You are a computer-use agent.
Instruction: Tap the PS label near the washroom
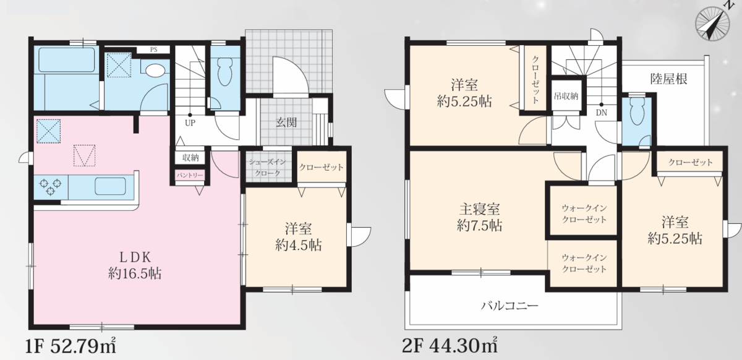(153, 49)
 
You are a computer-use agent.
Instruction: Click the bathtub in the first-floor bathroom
(66, 59)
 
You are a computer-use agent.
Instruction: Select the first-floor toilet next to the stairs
(225, 72)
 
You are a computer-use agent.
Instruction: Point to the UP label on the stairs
(190, 123)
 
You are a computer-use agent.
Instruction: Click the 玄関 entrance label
(286, 122)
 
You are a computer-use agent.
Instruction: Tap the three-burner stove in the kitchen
(50, 187)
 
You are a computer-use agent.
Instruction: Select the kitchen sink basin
(110, 186)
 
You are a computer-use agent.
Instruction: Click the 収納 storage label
(190, 158)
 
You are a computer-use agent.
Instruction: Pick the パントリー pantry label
(190, 175)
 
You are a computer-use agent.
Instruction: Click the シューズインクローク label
(267, 168)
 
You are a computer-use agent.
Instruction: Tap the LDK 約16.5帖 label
(135, 265)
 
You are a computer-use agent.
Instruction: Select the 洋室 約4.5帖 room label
(298, 237)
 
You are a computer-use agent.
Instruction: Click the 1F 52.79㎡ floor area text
(70, 346)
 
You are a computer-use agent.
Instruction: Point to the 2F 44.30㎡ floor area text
(450, 345)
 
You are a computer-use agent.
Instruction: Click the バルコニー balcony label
(510, 306)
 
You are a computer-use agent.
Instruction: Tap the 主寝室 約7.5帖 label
(479, 217)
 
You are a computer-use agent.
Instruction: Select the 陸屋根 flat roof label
(668, 79)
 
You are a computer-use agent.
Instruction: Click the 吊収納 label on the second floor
(566, 96)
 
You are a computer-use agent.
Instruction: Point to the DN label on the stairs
(601, 113)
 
